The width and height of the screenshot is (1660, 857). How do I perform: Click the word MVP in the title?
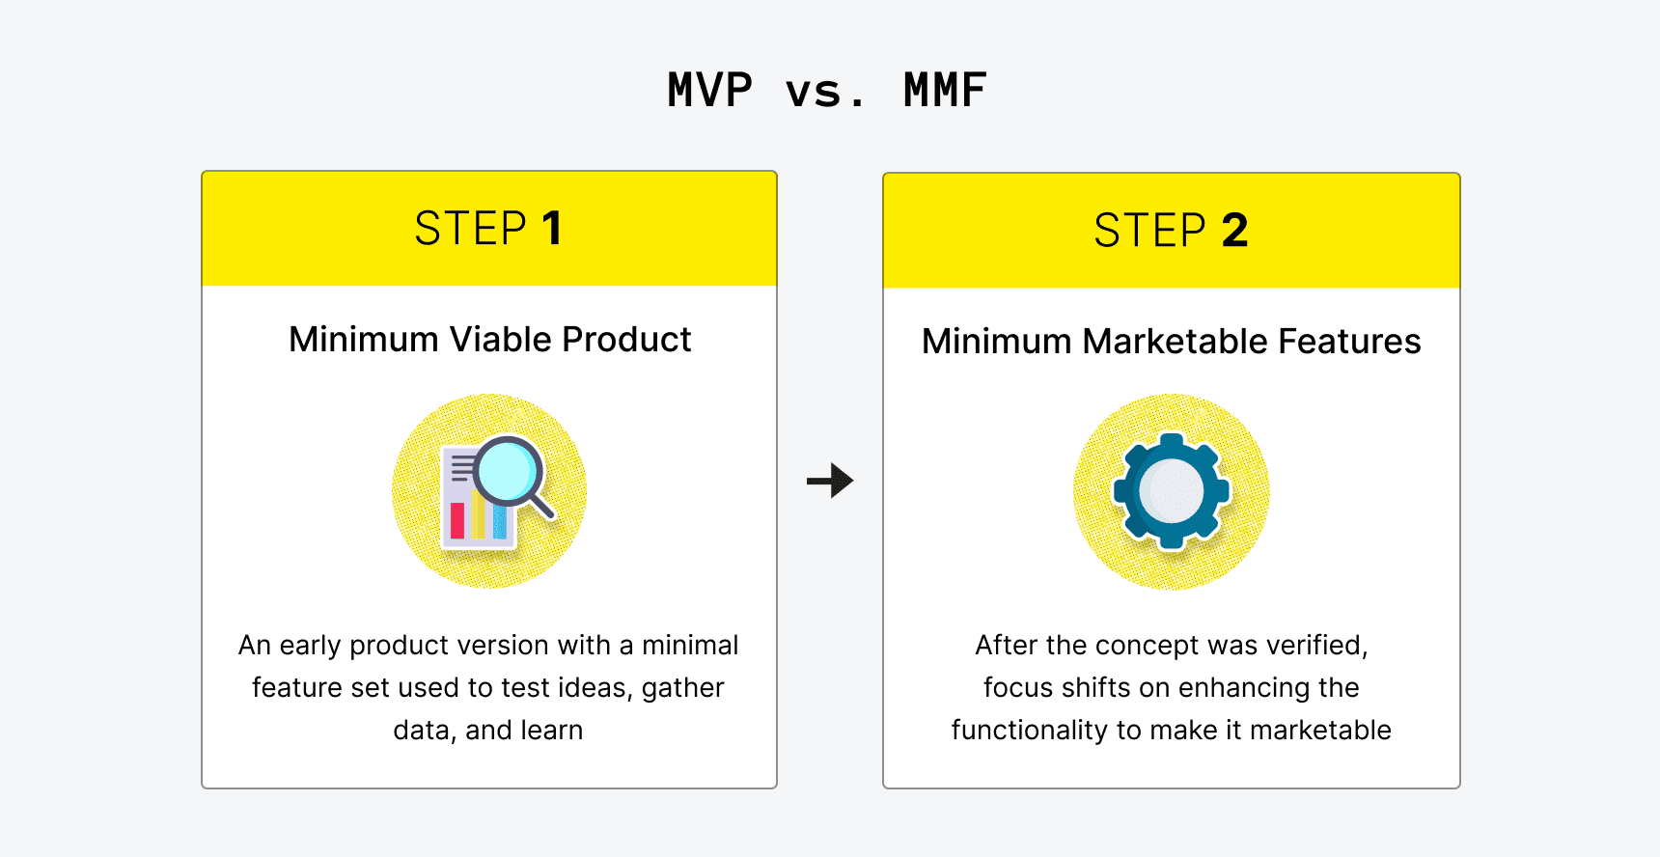709,91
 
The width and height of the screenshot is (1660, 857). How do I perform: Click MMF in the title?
945,91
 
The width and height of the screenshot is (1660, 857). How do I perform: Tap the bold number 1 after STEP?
552,229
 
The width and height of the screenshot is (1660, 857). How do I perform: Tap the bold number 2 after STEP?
1234,231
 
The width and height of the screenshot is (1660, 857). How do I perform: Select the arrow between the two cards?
830,480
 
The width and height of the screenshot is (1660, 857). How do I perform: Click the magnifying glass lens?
508,470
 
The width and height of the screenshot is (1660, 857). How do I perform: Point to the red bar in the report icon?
457,520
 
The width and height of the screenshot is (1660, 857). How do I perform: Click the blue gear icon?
1171,491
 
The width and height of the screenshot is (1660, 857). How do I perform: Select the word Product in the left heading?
626,340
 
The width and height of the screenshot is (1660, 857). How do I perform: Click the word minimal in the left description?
690,645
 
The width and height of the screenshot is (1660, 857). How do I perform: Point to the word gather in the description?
682,687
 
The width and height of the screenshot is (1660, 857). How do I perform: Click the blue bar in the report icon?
500,521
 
